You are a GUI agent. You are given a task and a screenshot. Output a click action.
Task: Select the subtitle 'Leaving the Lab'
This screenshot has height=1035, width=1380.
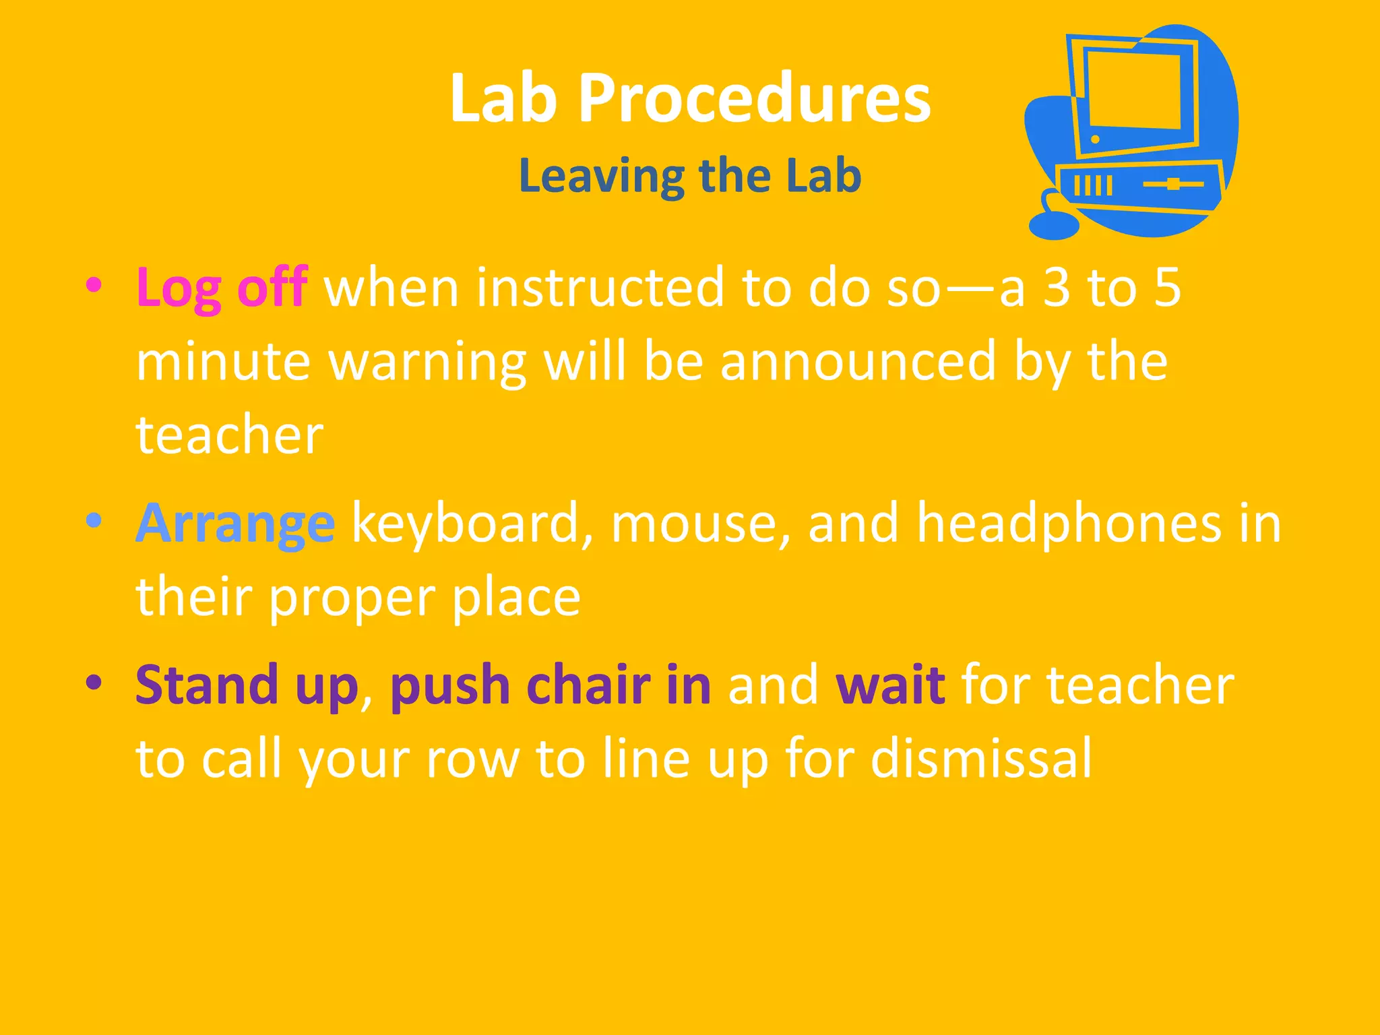[690, 175]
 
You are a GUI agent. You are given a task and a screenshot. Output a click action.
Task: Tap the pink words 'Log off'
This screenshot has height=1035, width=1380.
[222, 288]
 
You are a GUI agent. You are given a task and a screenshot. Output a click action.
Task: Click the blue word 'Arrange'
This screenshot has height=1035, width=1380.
[235, 524]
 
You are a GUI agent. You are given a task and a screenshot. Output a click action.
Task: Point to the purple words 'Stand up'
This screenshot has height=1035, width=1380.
[247, 685]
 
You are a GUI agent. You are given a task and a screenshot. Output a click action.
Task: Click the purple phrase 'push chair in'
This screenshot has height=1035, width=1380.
[550, 685]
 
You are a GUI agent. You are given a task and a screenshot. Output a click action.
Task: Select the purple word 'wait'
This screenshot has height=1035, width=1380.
[889, 685]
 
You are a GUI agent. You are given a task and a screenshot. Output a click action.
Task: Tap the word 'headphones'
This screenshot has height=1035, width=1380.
[1069, 524]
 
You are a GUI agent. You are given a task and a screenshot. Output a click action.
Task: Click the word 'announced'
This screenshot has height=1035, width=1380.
[857, 361]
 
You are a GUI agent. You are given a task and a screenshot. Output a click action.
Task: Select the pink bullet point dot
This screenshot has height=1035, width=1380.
[94, 284]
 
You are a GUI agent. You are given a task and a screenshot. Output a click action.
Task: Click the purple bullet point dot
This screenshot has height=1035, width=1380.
[94, 683]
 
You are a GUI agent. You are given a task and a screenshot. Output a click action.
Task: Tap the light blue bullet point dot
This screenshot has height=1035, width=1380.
[94, 521]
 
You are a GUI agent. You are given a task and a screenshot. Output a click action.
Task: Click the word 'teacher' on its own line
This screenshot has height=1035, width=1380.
[230, 435]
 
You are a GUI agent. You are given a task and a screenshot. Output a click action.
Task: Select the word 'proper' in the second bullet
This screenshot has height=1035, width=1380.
[352, 598]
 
